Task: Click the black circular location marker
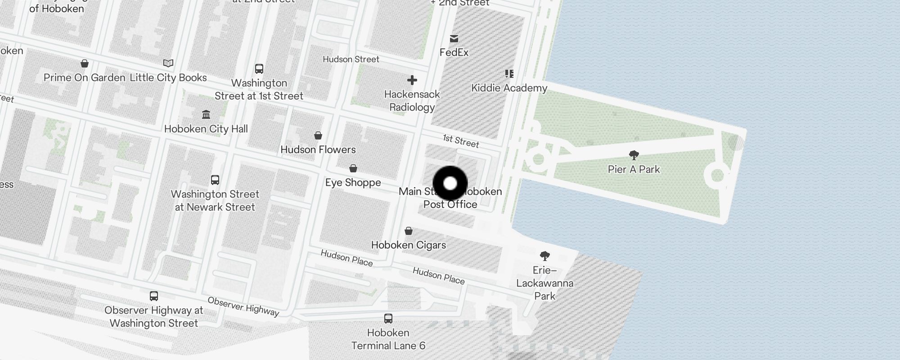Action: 450,183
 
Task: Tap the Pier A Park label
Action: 634,170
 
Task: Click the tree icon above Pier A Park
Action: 634,156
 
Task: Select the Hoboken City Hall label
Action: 206,129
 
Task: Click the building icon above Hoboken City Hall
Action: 206,114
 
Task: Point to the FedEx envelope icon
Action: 454,39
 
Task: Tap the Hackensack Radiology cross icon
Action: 412,81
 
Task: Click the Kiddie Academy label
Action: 509,88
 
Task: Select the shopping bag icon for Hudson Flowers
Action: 318,135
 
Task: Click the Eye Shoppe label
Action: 353,183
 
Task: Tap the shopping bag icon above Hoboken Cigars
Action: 409,231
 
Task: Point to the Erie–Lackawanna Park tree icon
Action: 544,256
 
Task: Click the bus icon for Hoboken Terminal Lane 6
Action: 388,319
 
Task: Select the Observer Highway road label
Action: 243,306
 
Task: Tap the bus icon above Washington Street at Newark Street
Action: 215,180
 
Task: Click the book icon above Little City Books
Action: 168,63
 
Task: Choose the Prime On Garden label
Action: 84,78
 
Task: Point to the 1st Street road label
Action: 461,141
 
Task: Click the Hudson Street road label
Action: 351,59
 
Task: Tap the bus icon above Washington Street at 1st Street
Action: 259,69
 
